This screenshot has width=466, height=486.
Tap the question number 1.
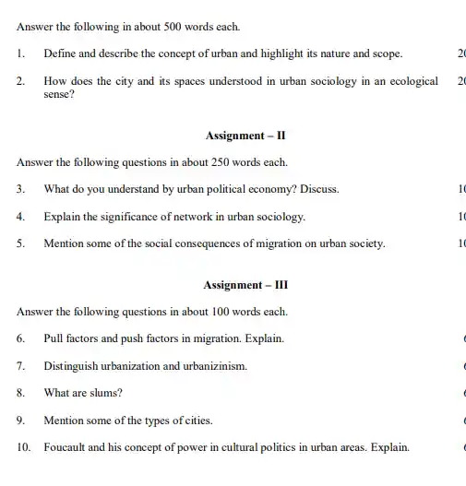tap(20, 54)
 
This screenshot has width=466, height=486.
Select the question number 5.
tap(20, 244)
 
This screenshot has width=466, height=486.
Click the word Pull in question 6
tap(53, 338)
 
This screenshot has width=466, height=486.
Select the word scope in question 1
tap(384, 54)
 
